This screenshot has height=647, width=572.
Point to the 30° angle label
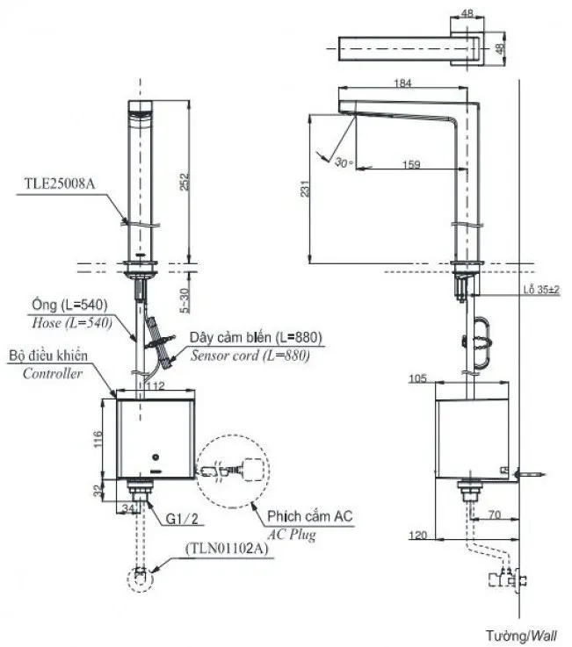coord(343,162)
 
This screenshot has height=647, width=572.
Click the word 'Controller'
coord(53,373)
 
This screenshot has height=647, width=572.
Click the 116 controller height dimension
coord(98,436)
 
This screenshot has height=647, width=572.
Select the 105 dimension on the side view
coord(417,379)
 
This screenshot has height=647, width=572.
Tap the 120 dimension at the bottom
coord(420,534)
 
